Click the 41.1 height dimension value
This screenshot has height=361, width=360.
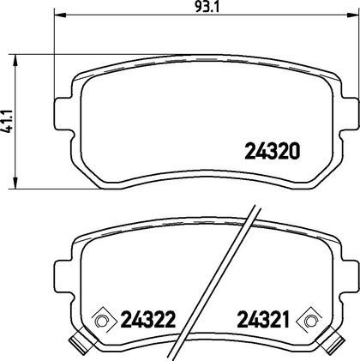(x=7, y=121)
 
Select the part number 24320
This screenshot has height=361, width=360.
(x=273, y=151)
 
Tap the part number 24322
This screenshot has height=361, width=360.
(x=148, y=319)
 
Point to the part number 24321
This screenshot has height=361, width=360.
(x=263, y=319)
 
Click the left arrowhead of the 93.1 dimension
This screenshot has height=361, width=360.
(x=60, y=15)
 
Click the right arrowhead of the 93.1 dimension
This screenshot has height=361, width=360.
(x=353, y=15)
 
